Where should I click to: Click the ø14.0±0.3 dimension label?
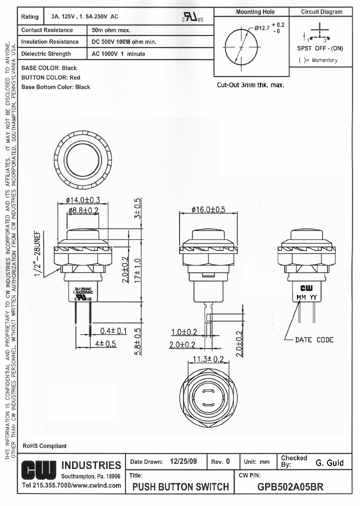click(83, 200)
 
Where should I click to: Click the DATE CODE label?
click(314, 340)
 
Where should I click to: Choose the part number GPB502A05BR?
click(290, 486)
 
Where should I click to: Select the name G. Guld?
click(330, 462)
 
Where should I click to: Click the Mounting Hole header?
click(255, 12)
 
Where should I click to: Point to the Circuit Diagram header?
click(321, 12)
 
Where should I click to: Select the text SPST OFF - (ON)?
click(320, 48)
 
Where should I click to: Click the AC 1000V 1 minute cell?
click(118, 54)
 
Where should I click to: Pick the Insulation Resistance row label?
click(49, 42)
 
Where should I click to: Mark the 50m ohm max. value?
click(111, 30)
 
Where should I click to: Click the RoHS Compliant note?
click(44, 445)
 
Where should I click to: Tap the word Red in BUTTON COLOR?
click(75, 77)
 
